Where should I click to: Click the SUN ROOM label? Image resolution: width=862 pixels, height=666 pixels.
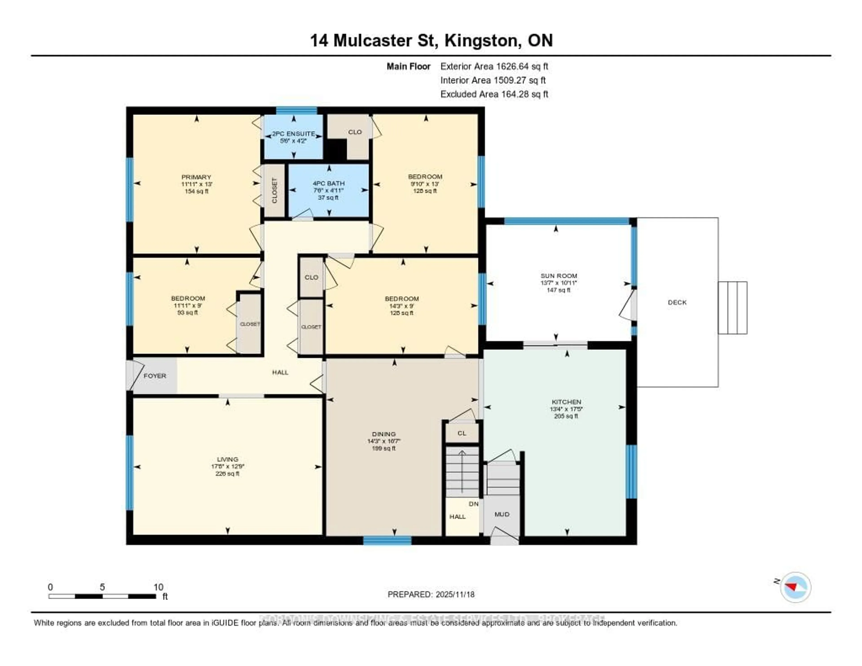(x=559, y=276)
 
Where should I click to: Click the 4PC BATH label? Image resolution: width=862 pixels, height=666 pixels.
(x=328, y=183)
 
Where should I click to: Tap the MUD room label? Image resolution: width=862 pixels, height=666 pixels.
(x=502, y=514)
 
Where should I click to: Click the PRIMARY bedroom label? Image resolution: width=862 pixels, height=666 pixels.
(x=196, y=177)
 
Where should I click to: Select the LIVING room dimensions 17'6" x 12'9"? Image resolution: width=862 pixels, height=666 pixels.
(x=227, y=466)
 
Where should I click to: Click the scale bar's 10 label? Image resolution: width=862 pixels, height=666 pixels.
(x=158, y=587)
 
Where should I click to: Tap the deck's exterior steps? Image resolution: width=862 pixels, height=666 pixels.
(x=732, y=308)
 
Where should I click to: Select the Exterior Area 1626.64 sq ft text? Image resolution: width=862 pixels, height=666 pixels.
(x=494, y=66)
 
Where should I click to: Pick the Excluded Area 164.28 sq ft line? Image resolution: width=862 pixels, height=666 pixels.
(x=494, y=94)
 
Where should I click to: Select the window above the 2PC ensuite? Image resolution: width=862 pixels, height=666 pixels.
(x=296, y=110)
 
